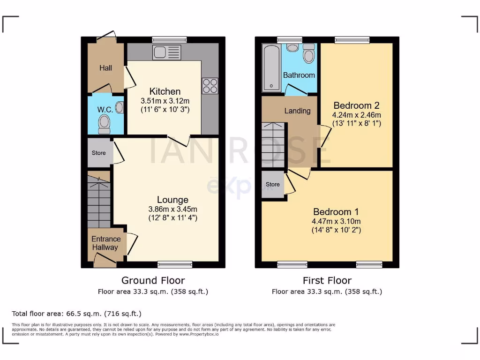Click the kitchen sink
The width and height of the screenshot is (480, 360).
166,52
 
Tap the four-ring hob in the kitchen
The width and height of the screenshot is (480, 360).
210,86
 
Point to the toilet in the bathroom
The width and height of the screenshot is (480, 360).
309,55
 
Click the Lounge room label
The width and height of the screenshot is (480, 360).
172,200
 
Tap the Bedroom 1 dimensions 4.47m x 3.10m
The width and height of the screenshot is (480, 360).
336,221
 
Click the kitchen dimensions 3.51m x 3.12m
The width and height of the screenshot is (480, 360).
165,101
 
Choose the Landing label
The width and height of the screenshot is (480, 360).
298,111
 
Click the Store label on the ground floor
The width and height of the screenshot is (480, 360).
98,153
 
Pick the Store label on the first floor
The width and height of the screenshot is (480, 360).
273,184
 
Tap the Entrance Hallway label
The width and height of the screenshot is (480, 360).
105,243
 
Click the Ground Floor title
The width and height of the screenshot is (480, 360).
153,280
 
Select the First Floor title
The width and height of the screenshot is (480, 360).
327,280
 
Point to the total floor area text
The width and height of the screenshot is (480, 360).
76,314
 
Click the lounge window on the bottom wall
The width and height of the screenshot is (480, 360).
174,264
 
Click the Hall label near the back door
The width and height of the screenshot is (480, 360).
105,68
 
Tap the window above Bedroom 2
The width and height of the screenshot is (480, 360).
352,40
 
